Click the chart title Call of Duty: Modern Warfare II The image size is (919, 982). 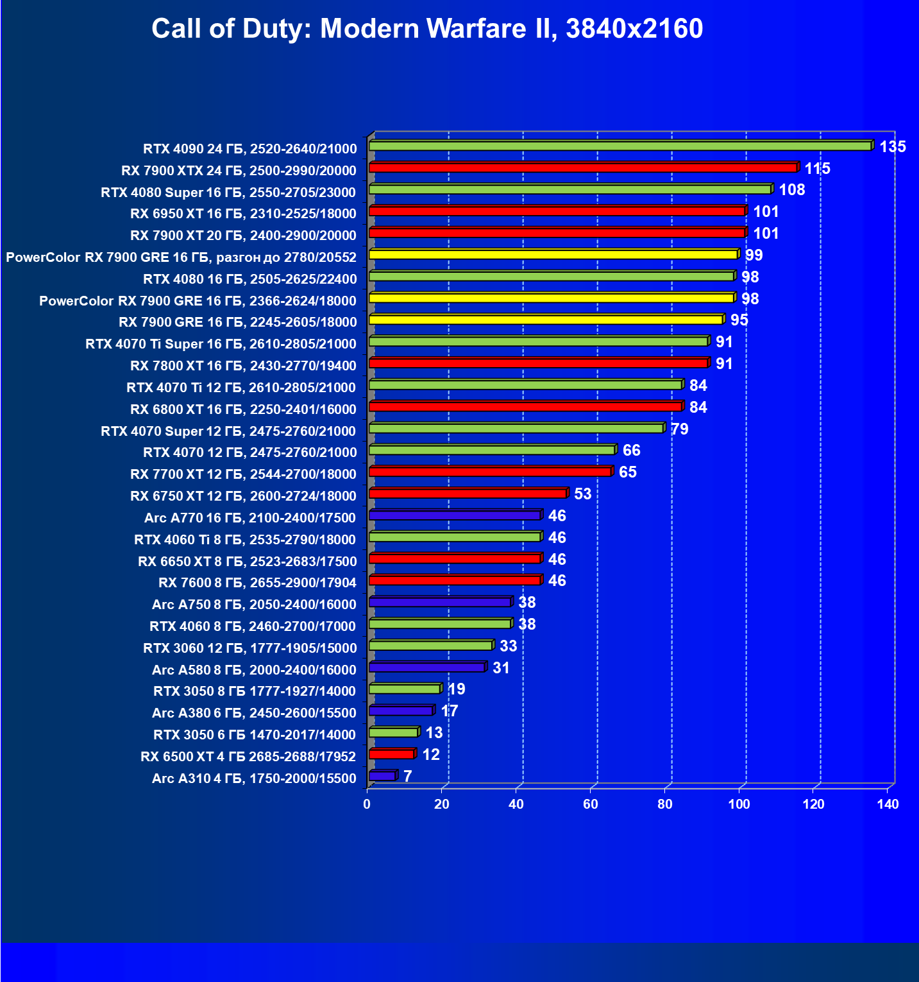(427, 29)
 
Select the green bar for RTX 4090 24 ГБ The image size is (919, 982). (620, 146)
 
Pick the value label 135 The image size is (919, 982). (892, 147)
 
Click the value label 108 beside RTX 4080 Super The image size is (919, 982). (791, 190)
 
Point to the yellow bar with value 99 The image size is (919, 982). (553, 255)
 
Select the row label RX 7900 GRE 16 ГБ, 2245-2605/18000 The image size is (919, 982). (237, 322)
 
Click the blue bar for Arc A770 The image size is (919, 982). (455, 515)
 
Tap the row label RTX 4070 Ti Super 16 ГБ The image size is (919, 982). (221, 344)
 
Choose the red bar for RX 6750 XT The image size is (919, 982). (468, 494)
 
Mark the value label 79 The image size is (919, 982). (679, 429)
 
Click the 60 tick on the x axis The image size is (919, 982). (590, 804)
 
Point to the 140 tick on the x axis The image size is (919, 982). (888, 804)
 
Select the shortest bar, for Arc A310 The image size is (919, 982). (382, 776)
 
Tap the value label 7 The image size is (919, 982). (407, 777)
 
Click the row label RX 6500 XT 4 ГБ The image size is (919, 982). (248, 757)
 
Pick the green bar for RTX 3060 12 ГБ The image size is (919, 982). (430, 646)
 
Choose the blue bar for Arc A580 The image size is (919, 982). (426, 668)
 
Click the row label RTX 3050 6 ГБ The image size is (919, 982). (254, 735)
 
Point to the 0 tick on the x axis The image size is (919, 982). (367, 804)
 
